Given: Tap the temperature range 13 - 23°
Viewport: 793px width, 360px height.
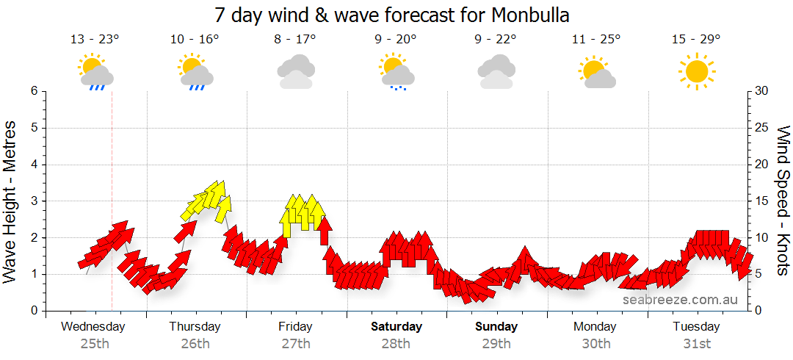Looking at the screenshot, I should coord(95,40).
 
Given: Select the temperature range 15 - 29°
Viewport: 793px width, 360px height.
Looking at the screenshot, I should coord(696,40).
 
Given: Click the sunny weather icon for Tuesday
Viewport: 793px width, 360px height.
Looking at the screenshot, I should coord(696,71).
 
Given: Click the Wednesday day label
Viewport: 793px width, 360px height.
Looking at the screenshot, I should coord(93,326).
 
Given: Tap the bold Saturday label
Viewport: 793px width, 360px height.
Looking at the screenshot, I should coord(396,326).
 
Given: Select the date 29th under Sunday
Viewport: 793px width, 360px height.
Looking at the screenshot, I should coord(496,343).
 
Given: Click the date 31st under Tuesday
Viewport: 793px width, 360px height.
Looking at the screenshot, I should coord(696,343).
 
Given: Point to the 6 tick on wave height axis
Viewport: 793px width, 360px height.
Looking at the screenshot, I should coord(33,91).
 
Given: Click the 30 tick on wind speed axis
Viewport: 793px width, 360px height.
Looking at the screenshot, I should coord(762,91).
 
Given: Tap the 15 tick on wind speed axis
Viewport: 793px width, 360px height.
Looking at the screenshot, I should coord(762,201).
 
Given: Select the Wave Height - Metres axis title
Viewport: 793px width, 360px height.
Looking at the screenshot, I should coord(11,201).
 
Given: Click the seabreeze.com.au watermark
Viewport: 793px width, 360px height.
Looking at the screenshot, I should coord(680,300).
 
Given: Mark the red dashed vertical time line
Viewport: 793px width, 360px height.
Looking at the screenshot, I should coord(112,220).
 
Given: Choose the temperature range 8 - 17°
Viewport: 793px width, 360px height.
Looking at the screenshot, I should coord(296,40).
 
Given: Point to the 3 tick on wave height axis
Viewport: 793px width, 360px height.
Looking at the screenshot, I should coord(33,201).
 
